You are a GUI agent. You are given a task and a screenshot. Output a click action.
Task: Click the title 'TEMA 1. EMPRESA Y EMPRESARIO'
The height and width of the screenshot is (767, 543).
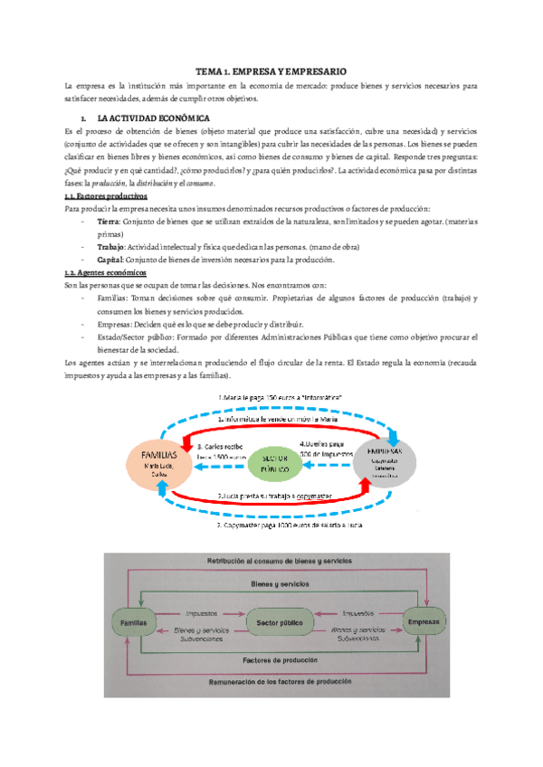coord(271,71)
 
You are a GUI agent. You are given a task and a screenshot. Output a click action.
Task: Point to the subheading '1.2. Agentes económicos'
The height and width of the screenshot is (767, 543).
coord(104,272)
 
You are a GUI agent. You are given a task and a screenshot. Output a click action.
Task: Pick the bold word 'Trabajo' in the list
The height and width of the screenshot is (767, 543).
coord(111,247)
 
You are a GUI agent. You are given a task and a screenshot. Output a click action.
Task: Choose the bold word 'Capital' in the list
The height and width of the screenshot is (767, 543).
coord(110,260)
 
